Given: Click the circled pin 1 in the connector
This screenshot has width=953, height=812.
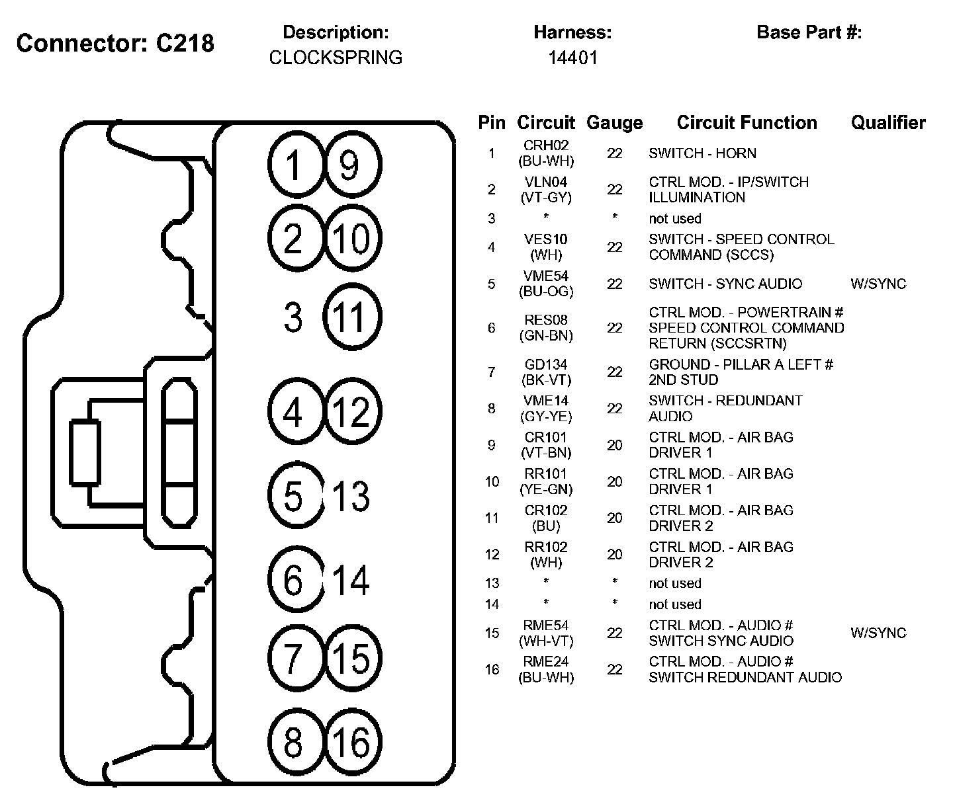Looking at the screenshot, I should pyautogui.click(x=296, y=165).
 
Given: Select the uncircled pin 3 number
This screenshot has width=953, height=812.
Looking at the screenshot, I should pyautogui.click(x=293, y=317).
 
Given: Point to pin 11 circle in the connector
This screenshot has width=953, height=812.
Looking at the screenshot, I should pyautogui.click(x=352, y=317).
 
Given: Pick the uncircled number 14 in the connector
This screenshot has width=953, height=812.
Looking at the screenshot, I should pyautogui.click(x=351, y=580).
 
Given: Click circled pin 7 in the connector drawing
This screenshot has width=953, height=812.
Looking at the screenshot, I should pyautogui.click(x=295, y=658).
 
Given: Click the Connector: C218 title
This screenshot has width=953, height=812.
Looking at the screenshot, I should pyautogui.click(x=115, y=43).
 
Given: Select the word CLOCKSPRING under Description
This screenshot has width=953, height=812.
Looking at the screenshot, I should pyautogui.click(x=336, y=58).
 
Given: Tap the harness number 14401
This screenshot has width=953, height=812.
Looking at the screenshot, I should pyautogui.click(x=572, y=58).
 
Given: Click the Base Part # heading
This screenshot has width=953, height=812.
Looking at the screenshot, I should pyautogui.click(x=809, y=32).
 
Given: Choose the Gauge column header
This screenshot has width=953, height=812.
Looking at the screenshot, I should pyautogui.click(x=614, y=122).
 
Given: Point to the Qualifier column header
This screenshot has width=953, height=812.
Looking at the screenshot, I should pyautogui.click(x=888, y=122).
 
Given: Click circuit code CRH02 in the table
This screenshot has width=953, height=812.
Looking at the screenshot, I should pyautogui.click(x=546, y=145).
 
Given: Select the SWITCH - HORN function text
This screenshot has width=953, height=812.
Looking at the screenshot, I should pyautogui.click(x=702, y=153).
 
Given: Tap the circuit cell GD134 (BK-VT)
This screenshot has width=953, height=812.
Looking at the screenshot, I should pyautogui.click(x=546, y=372).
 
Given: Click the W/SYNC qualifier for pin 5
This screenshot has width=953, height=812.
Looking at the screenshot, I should pyautogui.click(x=878, y=284).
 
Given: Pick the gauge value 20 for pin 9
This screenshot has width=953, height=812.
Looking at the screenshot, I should pyautogui.click(x=614, y=445).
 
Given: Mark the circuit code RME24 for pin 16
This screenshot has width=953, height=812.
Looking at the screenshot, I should pyautogui.click(x=546, y=662).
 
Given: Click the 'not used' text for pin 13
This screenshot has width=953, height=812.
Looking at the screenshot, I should pyautogui.click(x=674, y=583).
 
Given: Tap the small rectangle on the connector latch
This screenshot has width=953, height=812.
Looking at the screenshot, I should pyautogui.click(x=85, y=453).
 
